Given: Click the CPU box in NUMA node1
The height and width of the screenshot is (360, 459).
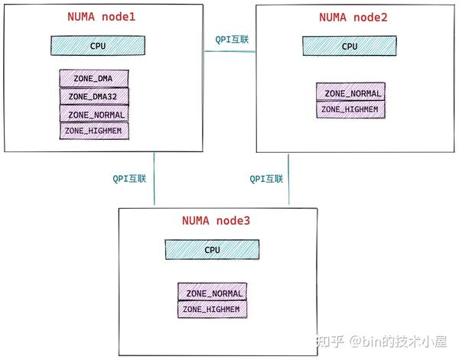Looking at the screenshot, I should tap(98, 46).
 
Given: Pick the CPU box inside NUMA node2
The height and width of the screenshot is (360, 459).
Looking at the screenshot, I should tap(350, 46).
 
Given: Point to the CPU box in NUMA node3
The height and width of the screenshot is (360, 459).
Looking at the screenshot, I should tap(212, 250).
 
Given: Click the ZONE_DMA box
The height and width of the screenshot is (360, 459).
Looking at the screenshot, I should tap(94, 78).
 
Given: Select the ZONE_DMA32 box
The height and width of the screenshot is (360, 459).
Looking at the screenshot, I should tap(94, 96).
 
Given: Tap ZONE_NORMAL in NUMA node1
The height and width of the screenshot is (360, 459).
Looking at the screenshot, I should tap(94, 114).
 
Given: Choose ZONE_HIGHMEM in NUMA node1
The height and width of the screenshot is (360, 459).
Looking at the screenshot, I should tap(94, 131).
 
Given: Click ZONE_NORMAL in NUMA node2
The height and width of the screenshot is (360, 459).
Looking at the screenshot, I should tap(350, 92).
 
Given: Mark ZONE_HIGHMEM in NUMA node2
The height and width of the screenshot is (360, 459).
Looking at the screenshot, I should tap(350, 109).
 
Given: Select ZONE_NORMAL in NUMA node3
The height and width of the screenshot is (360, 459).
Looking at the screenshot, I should tap(213, 293).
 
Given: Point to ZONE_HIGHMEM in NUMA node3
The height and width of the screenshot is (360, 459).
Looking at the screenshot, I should tap(213, 310).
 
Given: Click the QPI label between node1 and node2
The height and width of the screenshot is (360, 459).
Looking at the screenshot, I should tap(229, 39).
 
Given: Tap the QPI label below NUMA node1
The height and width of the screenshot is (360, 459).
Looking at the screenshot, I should tap(129, 178).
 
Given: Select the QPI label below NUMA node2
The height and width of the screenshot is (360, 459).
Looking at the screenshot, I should tap(266, 178).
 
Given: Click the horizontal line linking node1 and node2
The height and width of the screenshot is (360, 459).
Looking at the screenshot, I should tap(229, 51).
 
